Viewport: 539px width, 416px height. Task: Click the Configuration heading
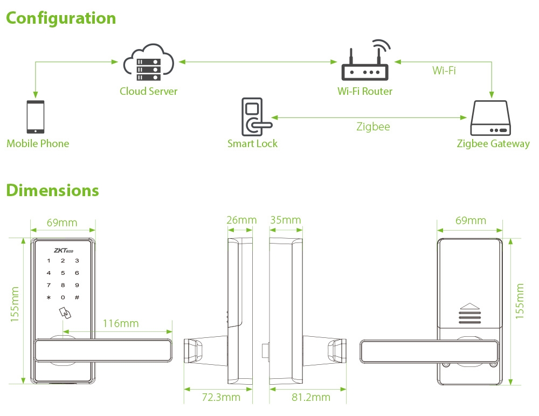[61, 18]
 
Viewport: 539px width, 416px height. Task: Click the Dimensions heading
[52, 190]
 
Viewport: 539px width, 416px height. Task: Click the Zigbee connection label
[373, 127]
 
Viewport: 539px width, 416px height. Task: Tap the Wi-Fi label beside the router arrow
[444, 71]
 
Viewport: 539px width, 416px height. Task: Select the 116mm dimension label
[120, 323]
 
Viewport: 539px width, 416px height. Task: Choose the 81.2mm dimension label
[312, 397]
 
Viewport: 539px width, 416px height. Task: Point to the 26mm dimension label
[241, 220]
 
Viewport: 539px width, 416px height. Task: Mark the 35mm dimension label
[285, 220]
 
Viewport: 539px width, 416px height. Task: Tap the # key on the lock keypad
[77, 297]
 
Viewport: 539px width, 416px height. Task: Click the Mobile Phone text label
[38, 143]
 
